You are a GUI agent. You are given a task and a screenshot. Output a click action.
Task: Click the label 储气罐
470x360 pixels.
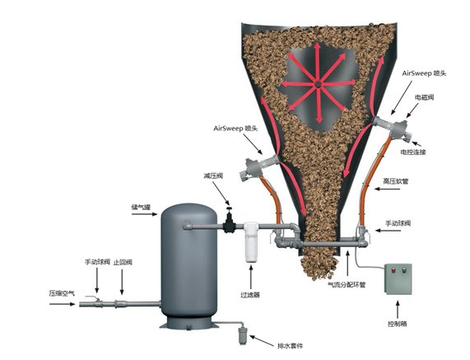click(141, 207)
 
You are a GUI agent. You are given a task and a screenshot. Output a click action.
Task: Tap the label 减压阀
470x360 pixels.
click(213, 175)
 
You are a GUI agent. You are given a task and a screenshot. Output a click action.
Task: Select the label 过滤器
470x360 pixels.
click(250, 295)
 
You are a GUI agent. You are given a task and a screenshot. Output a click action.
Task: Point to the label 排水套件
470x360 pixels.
click(290, 346)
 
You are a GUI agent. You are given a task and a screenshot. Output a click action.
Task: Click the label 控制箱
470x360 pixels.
click(398, 324)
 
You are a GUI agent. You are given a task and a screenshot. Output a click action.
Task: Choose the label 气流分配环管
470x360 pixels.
click(347, 285)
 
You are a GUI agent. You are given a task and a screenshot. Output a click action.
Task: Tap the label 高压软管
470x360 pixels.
click(395, 181)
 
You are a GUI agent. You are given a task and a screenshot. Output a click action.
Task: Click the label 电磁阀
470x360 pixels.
click(424, 97)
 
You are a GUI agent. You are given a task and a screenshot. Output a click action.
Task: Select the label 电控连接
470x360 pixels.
click(413, 152)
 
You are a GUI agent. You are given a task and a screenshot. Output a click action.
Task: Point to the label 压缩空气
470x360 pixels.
click(62, 293)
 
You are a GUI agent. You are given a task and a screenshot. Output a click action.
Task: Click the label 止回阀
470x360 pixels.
click(123, 263)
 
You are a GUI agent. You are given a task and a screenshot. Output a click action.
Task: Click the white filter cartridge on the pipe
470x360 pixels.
click(251, 242)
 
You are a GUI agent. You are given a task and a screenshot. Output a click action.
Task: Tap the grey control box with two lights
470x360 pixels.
click(398, 279)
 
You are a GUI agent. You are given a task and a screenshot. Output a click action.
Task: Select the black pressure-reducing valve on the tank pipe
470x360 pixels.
click(230, 221)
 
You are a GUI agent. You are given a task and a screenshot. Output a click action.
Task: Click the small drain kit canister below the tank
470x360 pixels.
click(242, 336)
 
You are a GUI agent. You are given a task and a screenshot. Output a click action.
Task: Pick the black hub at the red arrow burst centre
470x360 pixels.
click(318, 85)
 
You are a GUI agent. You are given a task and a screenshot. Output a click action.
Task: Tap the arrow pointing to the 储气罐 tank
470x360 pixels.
click(145, 214)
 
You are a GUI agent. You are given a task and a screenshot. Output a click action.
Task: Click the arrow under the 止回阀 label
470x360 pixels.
click(122, 282)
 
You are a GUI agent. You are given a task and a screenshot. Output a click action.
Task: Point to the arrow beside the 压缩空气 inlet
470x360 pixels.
click(63, 304)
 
